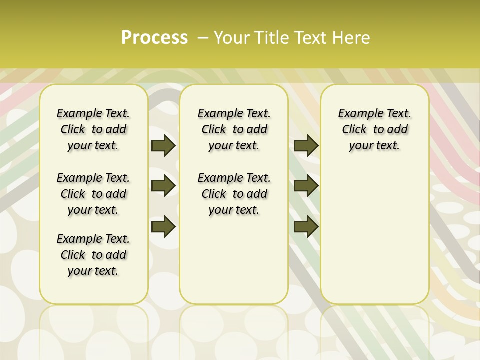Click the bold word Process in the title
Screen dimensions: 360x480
(x=154, y=38)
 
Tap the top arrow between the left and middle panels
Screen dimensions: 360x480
(x=163, y=146)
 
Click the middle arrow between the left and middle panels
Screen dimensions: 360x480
(x=163, y=186)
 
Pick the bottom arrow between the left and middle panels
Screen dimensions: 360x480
(x=163, y=226)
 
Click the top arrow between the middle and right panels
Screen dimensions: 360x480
(x=306, y=146)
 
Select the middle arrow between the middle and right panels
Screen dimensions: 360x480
(x=306, y=186)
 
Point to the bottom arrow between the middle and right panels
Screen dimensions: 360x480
(x=306, y=226)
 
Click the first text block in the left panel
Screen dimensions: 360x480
(x=93, y=129)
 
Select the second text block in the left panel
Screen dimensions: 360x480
(x=93, y=194)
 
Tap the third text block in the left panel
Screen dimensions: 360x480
(x=93, y=255)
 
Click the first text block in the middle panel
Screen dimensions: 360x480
(x=234, y=129)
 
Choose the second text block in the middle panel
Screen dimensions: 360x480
(x=234, y=194)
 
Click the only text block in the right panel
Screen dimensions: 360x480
(x=374, y=129)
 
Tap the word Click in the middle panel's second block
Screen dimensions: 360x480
(x=214, y=194)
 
